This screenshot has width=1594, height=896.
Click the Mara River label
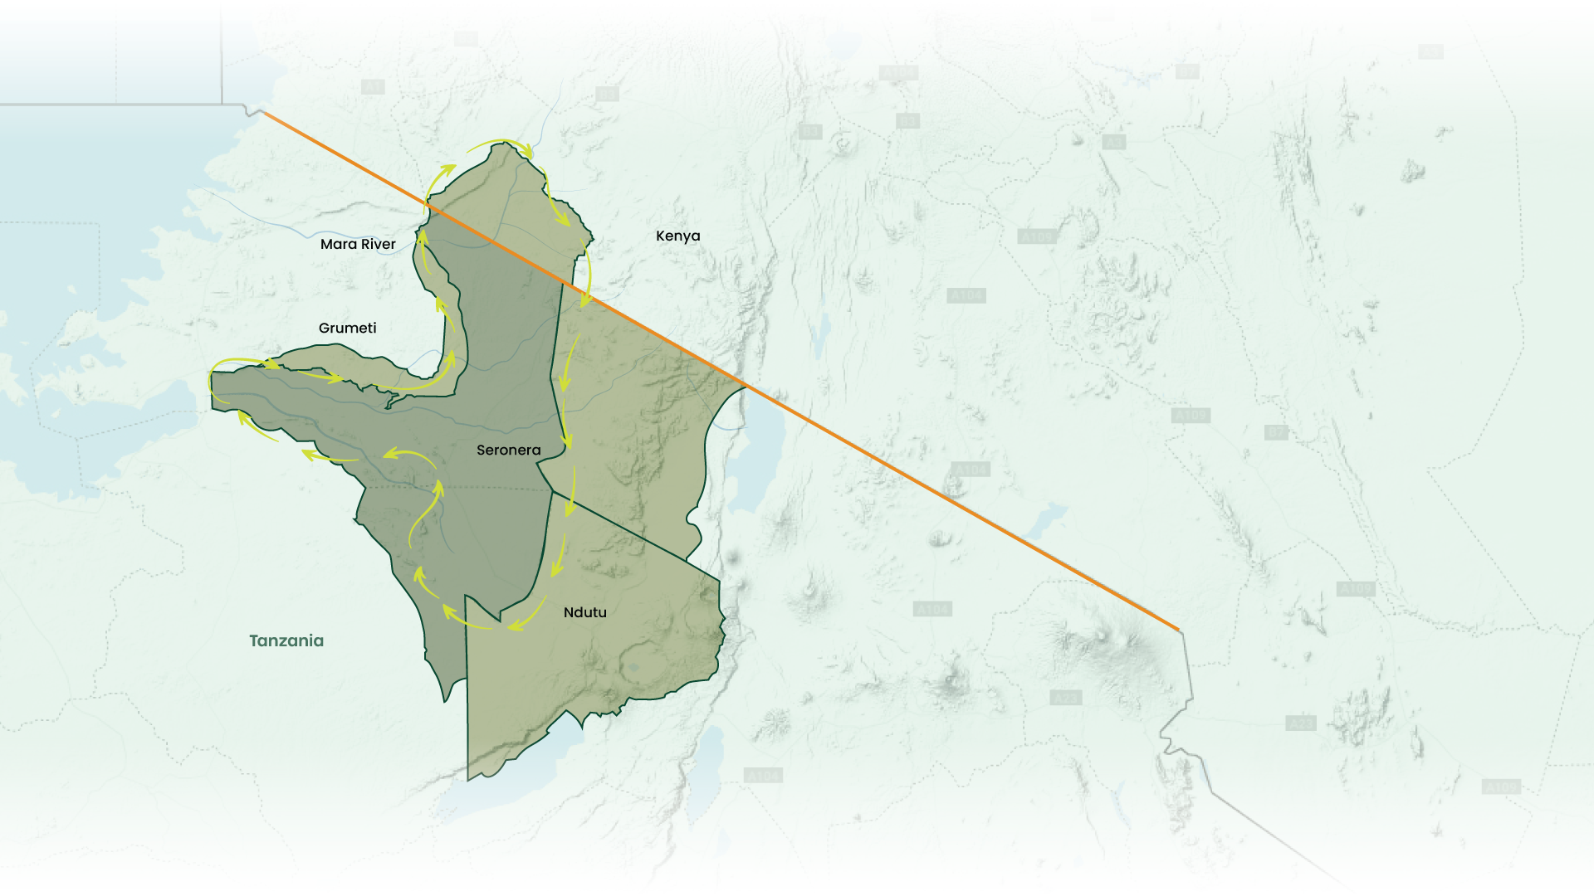point(358,244)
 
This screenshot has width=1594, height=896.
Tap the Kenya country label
point(677,236)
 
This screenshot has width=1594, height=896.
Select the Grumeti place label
point(347,328)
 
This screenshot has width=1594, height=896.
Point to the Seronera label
point(508,450)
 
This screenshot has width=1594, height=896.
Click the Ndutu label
point(584,612)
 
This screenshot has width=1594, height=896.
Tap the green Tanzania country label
point(286,640)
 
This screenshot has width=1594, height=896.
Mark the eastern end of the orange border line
point(1178,630)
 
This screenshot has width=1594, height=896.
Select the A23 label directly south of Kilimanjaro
point(1065,698)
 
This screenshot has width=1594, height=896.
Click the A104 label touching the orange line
point(971,470)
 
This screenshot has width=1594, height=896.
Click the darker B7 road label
point(1276,432)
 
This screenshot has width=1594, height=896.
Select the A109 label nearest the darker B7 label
point(1191,415)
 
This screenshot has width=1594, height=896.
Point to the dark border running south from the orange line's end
point(1187,672)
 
